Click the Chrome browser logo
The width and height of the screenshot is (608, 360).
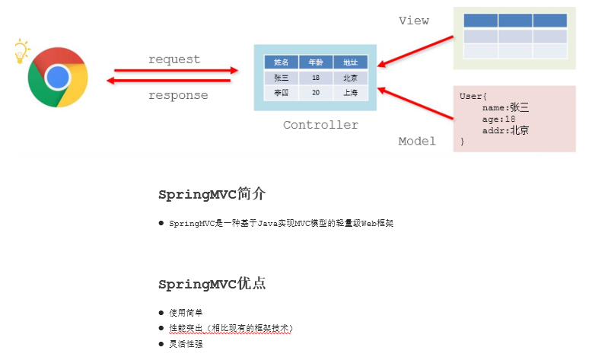click(58, 77)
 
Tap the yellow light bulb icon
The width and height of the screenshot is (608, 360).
click(21, 51)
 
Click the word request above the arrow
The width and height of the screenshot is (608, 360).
click(174, 59)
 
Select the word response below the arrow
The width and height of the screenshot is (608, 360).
click(178, 95)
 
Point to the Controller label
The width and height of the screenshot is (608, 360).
click(320, 125)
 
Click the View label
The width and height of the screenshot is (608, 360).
click(414, 21)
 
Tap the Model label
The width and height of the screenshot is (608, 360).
click(417, 141)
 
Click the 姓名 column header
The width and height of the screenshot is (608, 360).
click(281, 62)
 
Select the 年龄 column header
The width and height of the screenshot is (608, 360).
click(315, 62)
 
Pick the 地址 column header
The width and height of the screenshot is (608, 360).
click(350, 62)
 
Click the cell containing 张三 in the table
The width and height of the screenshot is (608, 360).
click(281, 78)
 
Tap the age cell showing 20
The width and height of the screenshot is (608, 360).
click(315, 93)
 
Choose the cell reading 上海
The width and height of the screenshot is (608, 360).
click(350, 93)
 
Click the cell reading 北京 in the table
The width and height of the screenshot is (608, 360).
click(350, 78)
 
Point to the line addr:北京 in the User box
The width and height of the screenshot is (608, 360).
click(505, 130)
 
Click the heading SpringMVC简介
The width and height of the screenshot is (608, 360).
click(212, 194)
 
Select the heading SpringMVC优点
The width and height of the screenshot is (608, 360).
click(212, 284)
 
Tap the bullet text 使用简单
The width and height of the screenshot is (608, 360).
click(186, 312)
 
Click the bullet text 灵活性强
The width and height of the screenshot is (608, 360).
click(186, 344)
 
